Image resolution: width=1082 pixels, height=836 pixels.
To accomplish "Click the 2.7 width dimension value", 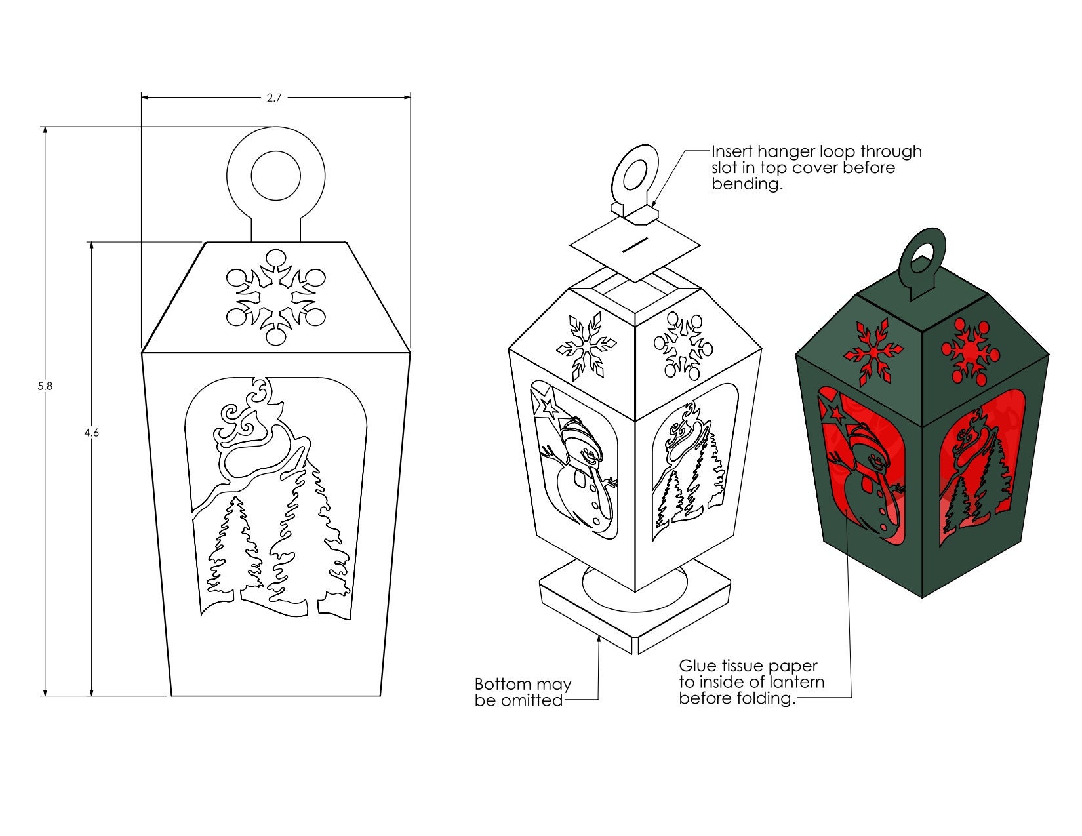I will click(x=274, y=98).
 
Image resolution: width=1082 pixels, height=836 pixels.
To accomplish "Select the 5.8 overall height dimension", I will click(x=45, y=386).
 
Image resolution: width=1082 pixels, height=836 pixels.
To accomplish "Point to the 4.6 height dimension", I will click(x=92, y=433).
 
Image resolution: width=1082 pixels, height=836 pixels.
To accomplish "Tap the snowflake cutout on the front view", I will click(x=276, y=297).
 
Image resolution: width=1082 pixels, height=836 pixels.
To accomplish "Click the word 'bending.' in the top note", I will click(x=748, y=184).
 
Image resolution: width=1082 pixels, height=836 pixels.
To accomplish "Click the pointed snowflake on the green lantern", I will click(x=873, y=351).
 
